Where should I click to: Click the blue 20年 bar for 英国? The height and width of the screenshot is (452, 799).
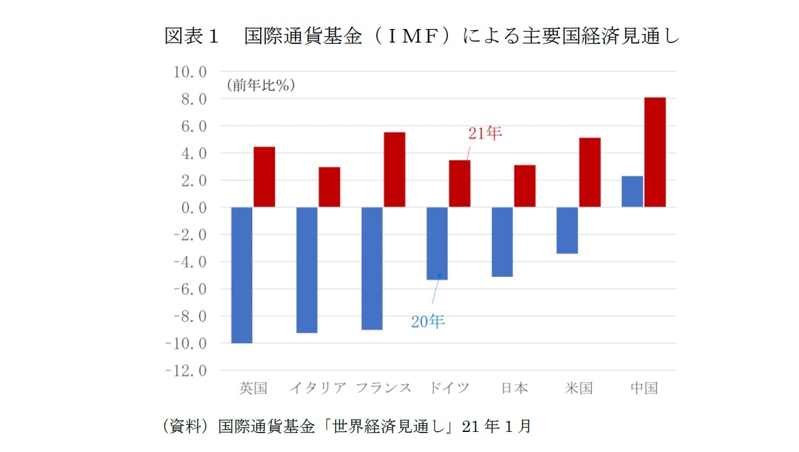242,275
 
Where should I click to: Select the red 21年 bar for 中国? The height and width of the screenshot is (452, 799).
655,152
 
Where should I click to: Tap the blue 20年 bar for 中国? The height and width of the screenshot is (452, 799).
632,192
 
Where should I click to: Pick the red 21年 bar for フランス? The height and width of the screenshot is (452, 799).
395,169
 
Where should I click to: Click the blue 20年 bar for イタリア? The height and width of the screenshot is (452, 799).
307,270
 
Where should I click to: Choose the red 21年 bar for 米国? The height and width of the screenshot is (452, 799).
590,172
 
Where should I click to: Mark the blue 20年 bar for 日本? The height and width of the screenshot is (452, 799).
502,241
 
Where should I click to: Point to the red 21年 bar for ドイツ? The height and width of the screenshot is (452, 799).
460,183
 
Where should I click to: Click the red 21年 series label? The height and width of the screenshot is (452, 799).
485,134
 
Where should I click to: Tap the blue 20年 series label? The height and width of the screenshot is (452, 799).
428,322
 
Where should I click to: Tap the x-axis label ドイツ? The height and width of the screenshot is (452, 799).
449,388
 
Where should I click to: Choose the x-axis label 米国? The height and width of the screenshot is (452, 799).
579,388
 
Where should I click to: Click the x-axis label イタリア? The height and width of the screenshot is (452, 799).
318,388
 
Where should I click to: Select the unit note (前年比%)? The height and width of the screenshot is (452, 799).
260,85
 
